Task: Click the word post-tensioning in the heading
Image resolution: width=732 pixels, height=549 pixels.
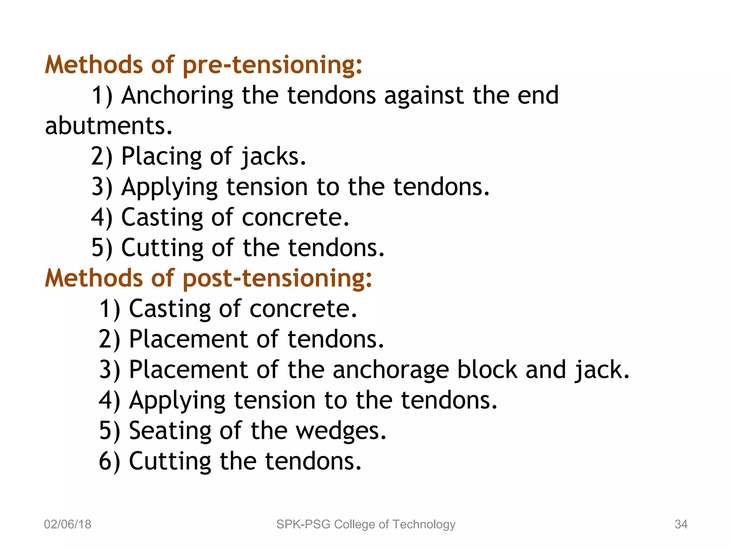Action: tap(277, 278)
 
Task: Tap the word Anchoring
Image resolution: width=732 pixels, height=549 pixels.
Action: tap(177, 96)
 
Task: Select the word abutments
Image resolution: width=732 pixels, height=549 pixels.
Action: tap(109, 126)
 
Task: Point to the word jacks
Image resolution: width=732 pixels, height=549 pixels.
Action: tap(274, 157)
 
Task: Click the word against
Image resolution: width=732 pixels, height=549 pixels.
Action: tap(424, 96)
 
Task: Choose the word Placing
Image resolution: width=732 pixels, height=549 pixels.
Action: tap(162, 157)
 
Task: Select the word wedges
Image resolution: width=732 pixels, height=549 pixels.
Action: tap(341, 431)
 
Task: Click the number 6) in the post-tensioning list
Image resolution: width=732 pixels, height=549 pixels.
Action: tap(109, 461)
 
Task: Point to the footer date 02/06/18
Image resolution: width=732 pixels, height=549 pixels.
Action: tap(68, 524)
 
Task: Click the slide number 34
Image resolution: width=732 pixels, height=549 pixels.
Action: tap(681, 524)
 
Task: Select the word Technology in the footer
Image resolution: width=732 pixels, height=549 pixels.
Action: tap(424, 524)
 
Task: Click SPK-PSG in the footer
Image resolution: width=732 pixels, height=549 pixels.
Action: tap(303, 524)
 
